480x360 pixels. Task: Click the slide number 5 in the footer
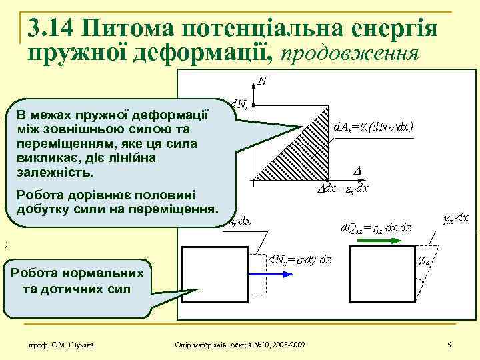coord(450,344)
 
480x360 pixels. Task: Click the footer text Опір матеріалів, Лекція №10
coord(239,344)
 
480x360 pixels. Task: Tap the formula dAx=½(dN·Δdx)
coord(373,126)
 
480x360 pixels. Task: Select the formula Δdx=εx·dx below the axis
coord(342,189)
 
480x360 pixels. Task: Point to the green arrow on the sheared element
coord(418,287)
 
